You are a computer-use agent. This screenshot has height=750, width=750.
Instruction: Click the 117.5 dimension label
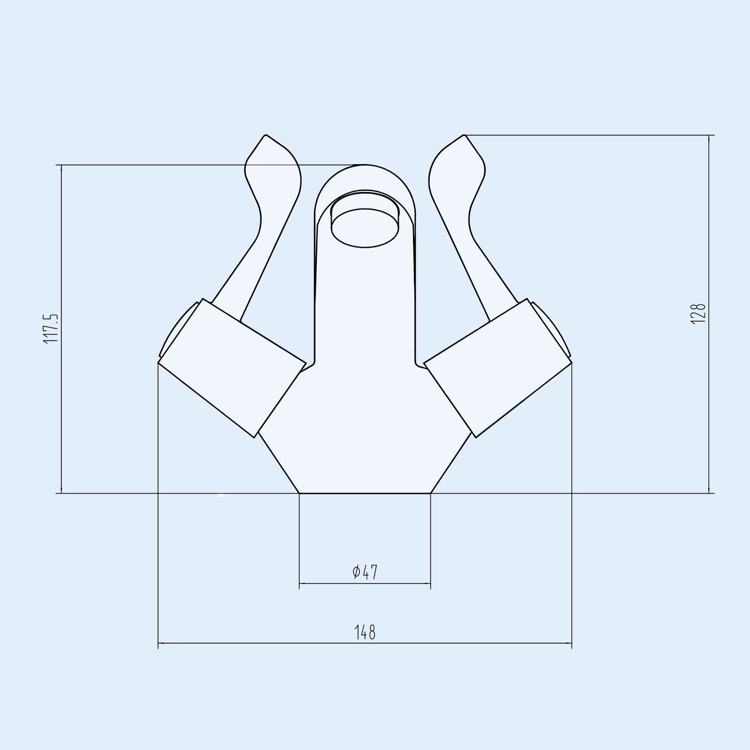[51, 329]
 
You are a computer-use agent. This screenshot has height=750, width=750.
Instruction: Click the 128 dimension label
[698, 313]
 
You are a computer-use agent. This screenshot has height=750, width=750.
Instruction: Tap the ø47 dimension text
[365, 572]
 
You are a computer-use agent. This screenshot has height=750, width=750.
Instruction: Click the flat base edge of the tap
[365, 493]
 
